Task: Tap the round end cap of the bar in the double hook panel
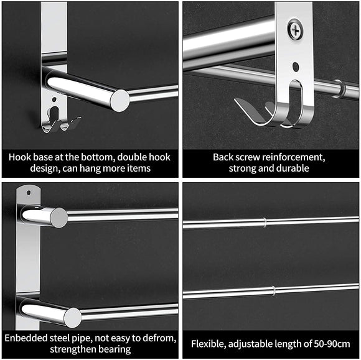[x=120, y=100]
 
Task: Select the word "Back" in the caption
[x=224, y=157]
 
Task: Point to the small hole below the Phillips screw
[x=295, y=65]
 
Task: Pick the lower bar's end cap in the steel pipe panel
[x=72, y=317]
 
